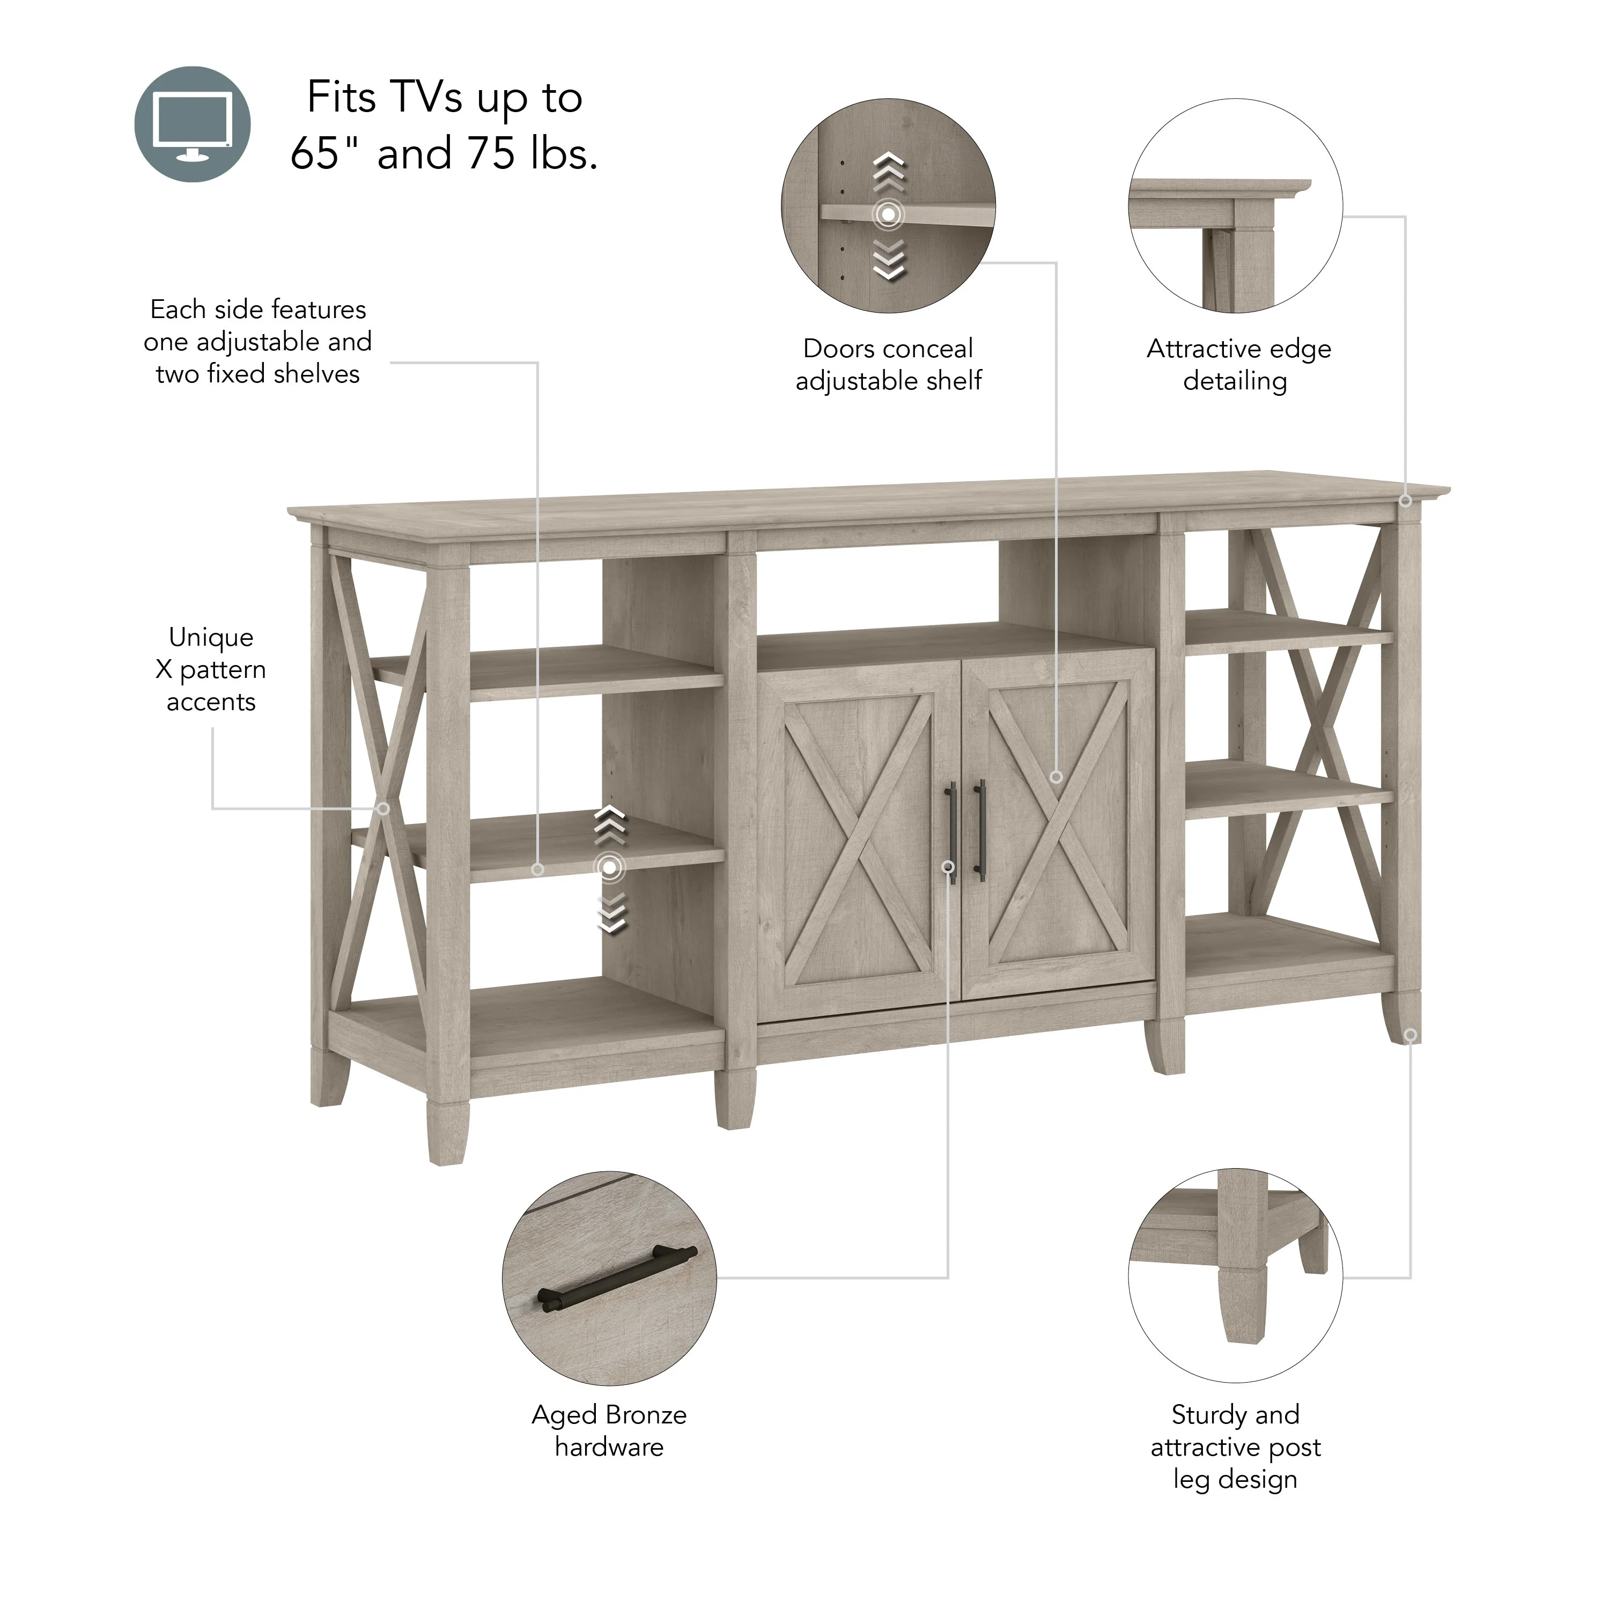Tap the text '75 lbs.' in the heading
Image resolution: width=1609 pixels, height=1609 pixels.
[x=532, y=153]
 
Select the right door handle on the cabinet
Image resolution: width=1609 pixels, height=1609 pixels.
[x=979, y=830]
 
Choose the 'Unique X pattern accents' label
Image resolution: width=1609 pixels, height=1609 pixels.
[x=211, y=669]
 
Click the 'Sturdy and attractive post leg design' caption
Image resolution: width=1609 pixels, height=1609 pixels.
[x=1235, y=1446]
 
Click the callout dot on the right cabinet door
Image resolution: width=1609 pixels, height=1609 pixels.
[x=1056, y=776]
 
